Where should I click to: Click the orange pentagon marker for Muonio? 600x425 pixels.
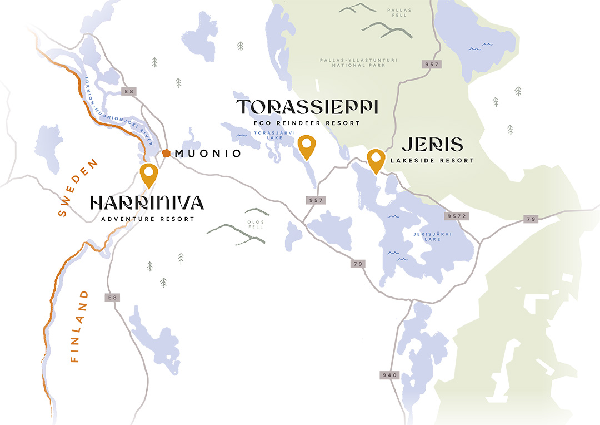[x=166, y=153]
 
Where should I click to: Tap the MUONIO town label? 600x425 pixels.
[x=208, y=154]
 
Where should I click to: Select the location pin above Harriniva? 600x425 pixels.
[x=148, y=175]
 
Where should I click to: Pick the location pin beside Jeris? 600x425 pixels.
[x=376, y=160]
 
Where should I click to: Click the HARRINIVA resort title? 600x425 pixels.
[x=147, y=203]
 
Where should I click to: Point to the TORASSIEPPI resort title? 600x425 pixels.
[x=307, y=107]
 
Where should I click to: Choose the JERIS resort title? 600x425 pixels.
[x=432, y=145]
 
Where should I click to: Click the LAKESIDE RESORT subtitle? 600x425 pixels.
[x=432, y=160]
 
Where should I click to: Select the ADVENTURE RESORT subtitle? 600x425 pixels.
[x=148, y=219]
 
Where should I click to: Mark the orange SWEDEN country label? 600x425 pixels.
[x=78, y=188]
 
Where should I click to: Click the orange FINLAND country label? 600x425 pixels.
[x=79, y=327]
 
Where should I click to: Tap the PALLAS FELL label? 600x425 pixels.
[x=399, y=12]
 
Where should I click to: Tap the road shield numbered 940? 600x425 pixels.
[x=389, y=375]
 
